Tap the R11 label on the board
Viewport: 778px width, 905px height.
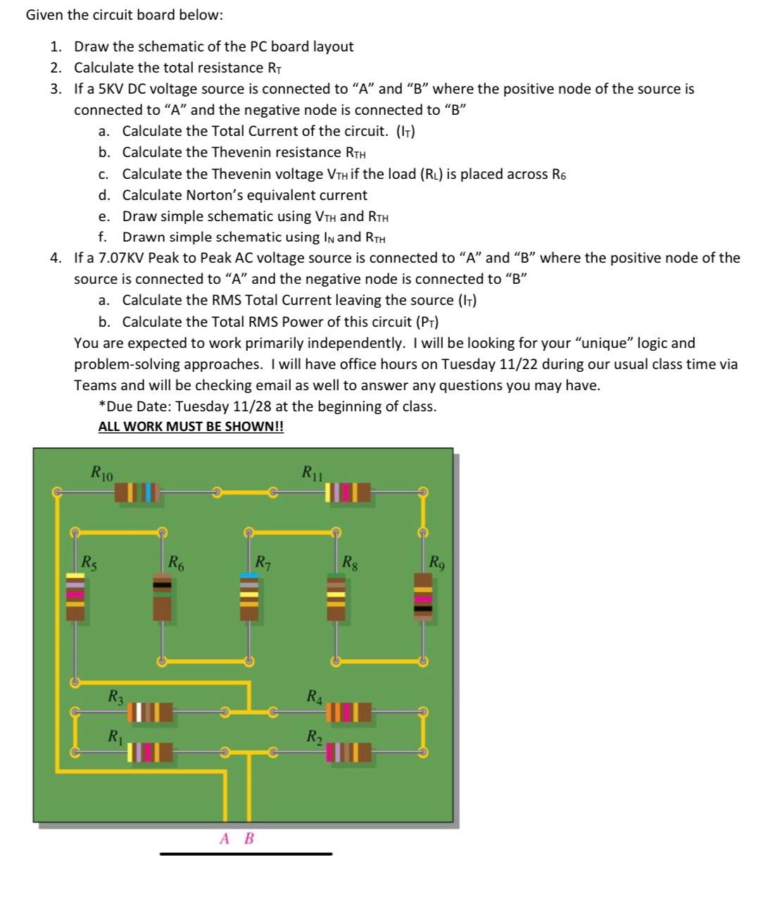pos(312,472)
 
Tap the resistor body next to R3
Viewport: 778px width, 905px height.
pos(151,713)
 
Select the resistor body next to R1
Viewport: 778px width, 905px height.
pos(151,753)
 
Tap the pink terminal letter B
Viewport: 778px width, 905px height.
pos(249,839)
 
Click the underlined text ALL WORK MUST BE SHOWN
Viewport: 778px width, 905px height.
pos(191,427)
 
